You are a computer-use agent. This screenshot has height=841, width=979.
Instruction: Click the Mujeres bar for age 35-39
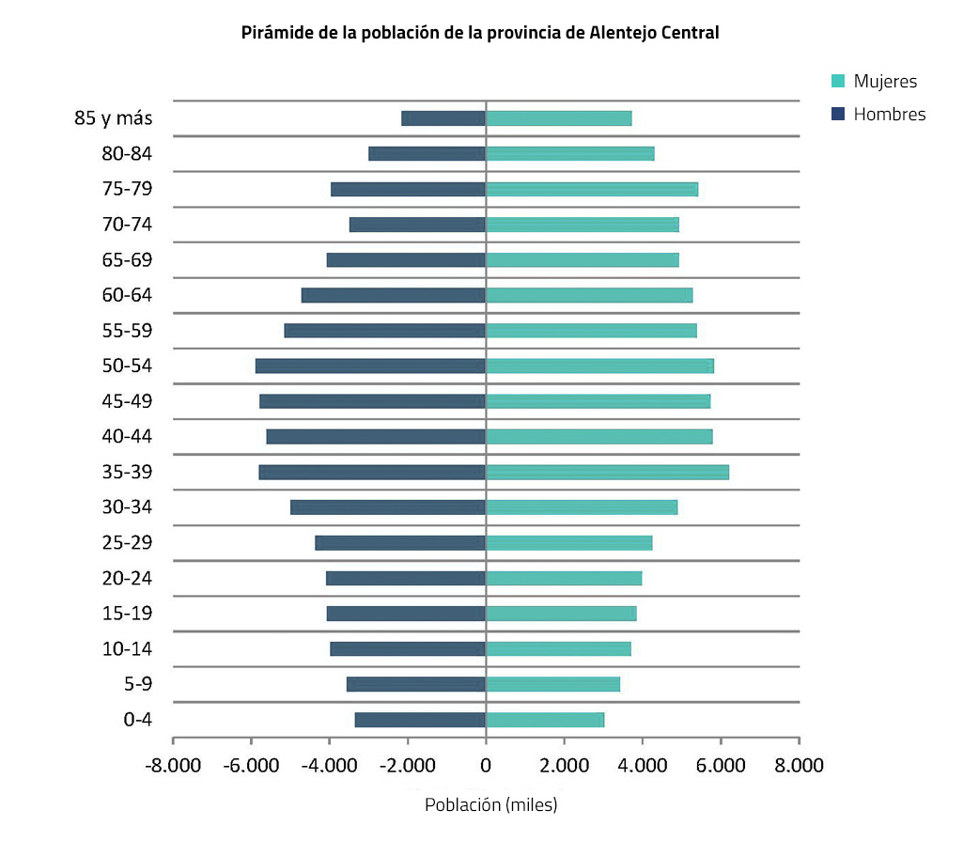point(607,472)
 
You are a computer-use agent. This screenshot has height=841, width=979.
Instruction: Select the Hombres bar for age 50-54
point(370,366)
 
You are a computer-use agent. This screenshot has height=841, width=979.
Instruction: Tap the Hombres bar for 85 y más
point(443,118)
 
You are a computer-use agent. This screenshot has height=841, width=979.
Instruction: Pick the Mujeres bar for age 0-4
point(545,720)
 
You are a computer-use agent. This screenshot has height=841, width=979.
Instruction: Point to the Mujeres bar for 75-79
point(592,189)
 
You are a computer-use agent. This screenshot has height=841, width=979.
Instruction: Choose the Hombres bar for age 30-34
point(388,507)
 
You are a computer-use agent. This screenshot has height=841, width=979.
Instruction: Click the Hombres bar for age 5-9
point(416,684)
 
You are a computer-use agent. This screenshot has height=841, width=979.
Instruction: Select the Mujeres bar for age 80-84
point(569,153)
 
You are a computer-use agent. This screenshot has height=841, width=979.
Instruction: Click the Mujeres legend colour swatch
point(838,82)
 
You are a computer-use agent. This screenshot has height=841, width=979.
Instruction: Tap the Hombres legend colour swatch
point(838,115)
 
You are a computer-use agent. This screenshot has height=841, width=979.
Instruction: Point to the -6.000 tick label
point(252,765)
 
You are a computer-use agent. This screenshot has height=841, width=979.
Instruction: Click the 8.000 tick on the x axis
point(799,765)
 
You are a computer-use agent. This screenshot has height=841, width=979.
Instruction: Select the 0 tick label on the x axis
point(486,765)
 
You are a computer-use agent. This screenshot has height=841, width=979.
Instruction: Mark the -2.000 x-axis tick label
point(408,765)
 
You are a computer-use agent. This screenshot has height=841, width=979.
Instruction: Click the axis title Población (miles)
point(490,805)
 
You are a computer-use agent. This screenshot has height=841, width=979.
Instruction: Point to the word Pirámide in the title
point(274,33)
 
